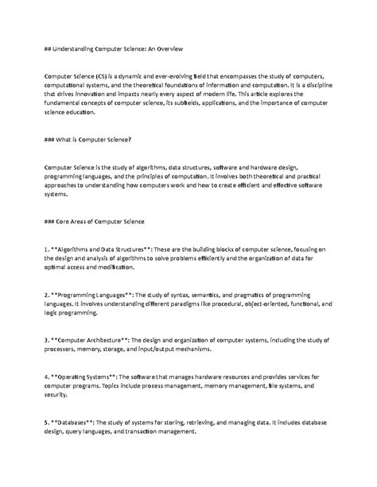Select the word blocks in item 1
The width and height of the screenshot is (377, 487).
[231, 248]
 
